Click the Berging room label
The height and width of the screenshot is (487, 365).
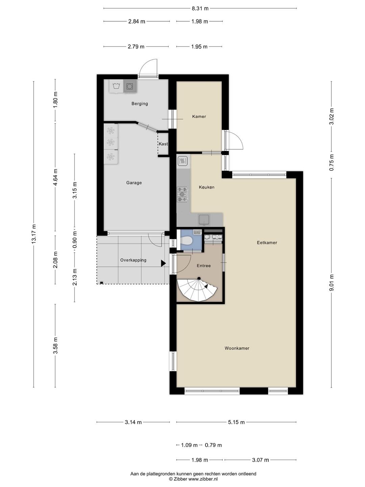pos(140,103)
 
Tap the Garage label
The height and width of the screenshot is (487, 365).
pos(134,183)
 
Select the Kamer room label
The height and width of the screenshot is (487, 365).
pos(199,116)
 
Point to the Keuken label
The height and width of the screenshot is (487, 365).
pos(206,187)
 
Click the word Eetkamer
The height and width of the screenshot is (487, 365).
pos(267,242)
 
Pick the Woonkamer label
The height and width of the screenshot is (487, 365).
pos(237,348)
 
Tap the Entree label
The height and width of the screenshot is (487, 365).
pos(204,265)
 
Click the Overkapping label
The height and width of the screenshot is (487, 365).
pos(133,260)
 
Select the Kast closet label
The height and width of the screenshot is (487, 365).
pos(163,144)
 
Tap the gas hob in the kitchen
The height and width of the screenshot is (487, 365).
pos(182,194)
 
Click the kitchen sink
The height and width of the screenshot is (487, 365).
pos(204,219)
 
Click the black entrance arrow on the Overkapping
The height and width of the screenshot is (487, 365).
pos(163,263)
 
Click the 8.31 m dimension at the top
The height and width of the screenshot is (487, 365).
pos(200,8)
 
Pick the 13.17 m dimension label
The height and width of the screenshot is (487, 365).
pos(34,234)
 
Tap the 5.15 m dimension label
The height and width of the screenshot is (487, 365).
pos(236,422)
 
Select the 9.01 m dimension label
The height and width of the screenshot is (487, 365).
pos(332,283)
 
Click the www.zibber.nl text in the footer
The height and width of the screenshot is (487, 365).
pos(203,479)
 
